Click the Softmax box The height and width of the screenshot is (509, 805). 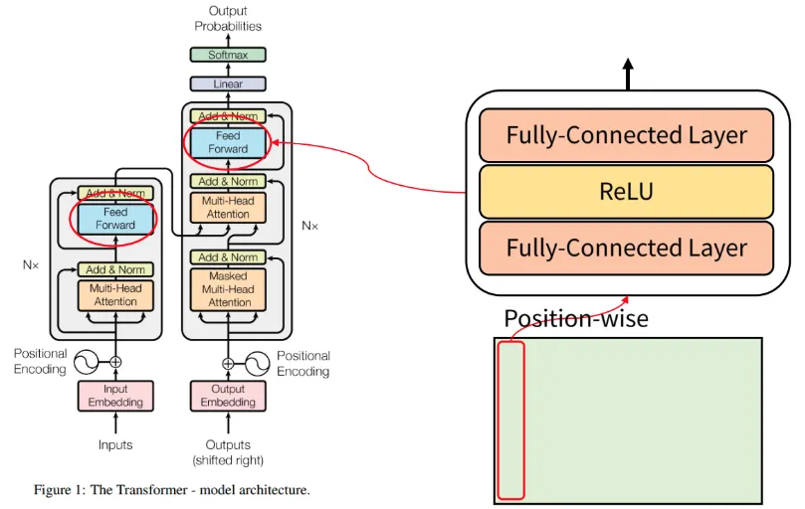coord(228,56)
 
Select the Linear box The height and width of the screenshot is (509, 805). coord(228,85)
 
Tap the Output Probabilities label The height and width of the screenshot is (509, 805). coord(228,19)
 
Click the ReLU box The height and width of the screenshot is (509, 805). coord(626,191)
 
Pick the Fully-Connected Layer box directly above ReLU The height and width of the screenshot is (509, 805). coord(626,136)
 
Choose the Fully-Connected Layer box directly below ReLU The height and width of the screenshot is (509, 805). coord(626,248)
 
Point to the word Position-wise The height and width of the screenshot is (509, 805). coord(576,319)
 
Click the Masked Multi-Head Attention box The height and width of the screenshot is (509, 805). coord(229,288)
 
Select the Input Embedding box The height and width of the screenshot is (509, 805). coord(115,396)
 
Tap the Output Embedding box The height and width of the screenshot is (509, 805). coord(228,396)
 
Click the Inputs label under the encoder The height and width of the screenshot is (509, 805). coord(115,444)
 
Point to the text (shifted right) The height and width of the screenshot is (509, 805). coord(228,460)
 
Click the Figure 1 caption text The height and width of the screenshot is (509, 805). coord(171,490)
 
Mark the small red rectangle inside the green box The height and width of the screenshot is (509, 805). coord(510,419)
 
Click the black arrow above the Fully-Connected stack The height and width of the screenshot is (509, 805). coord(628,73)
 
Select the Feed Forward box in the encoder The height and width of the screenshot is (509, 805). coord(115,219)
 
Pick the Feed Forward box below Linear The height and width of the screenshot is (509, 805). coord(228,142)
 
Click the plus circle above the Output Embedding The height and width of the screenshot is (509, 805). coord(228,363)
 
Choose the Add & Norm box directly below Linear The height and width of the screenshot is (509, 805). coord(228,116)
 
